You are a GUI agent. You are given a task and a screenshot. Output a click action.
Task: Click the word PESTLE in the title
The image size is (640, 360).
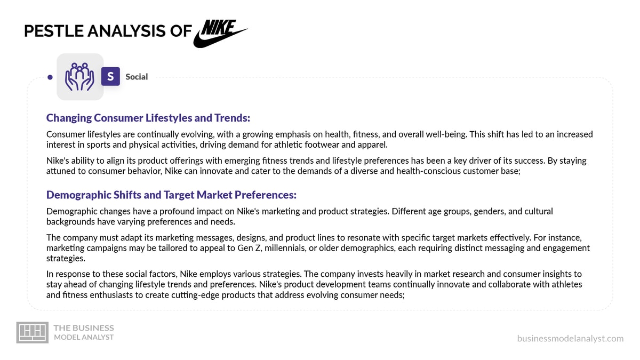(53, 31)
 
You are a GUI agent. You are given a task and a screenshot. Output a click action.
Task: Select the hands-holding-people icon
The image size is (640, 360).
(79, 77)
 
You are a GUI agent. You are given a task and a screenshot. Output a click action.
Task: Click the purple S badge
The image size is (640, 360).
(110, 77)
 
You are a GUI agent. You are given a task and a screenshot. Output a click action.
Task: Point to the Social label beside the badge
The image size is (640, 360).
(137, 77)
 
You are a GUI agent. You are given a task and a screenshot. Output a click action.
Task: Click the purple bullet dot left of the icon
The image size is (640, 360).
(50, 77)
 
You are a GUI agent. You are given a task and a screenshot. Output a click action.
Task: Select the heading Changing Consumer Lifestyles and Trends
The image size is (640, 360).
(148, 118)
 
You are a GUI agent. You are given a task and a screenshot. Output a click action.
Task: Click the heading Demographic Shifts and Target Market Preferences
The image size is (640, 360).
(171, 195)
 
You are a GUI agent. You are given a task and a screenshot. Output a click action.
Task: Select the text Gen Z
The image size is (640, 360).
(249, 247)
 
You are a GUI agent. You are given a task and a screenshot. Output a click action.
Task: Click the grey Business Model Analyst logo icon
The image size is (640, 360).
(33, 332)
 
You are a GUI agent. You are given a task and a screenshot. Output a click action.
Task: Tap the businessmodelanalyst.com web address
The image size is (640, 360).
(570, 338)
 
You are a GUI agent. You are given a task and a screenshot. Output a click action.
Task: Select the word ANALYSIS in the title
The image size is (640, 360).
(126, 31)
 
